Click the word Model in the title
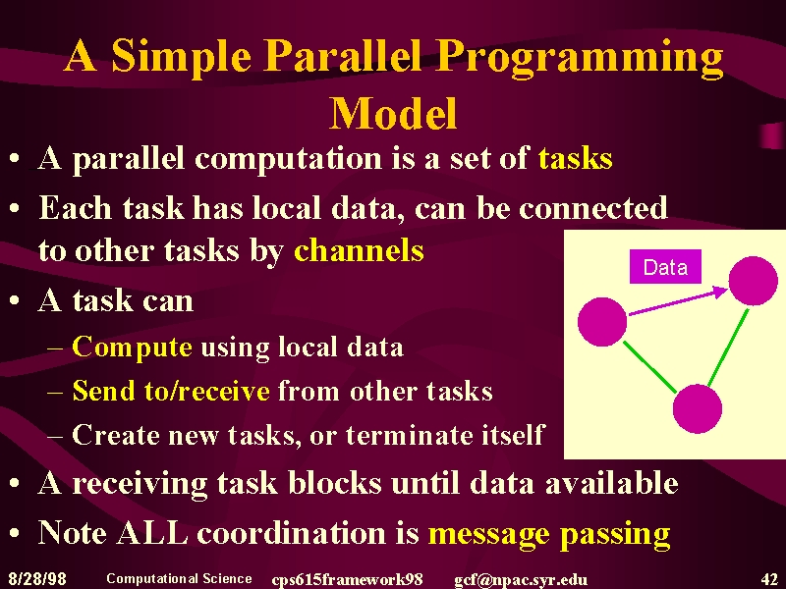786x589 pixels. tap(394, 113)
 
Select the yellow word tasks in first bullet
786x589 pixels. tap(576, 158)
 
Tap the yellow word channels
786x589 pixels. tap(359, 249)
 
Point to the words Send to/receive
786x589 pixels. tap(171, 391)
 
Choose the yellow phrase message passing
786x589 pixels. tap(549, 534)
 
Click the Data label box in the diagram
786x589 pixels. tap(665, 267)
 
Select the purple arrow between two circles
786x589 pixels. tap(678, 300)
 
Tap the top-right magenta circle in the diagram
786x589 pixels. tap(753, 281)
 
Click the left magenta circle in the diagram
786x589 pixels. tap(602, 322)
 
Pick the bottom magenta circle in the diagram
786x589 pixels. tap(698, 408)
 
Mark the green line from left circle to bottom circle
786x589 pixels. tap(649, 366)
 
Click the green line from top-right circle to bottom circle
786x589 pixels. tap(728, 348)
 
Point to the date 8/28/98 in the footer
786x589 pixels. tap(37, 579)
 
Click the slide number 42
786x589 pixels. tap(769, 579)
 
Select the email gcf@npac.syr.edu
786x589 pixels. tap(521, 580)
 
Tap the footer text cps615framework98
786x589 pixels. tap(347, 580)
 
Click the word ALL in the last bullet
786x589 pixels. tap(152, 532)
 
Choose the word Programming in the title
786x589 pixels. tap(580, 58)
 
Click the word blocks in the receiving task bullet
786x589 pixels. tap(334, 483)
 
